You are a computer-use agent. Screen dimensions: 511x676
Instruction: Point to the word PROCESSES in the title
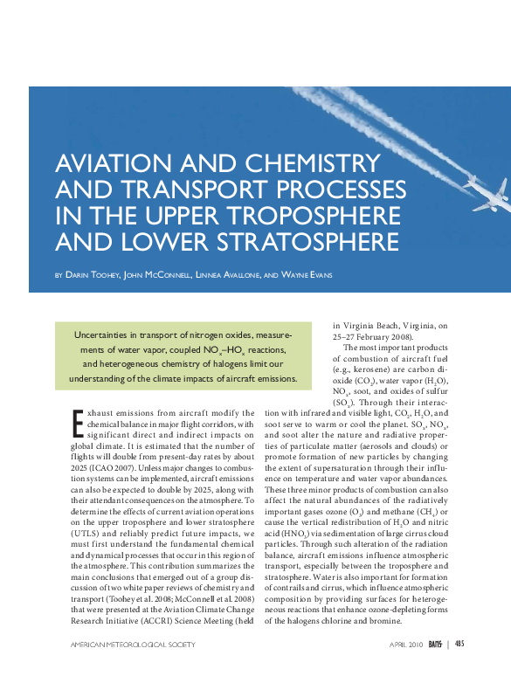(x=336, y=190)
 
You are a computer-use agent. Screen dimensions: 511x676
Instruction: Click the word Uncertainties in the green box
(x=107, y=335)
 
